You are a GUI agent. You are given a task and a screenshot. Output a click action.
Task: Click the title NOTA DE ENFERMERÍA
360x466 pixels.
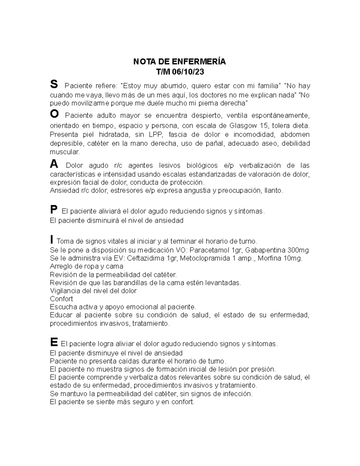tap(179, 62)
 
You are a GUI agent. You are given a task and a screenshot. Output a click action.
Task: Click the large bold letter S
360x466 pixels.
tap(54, 85)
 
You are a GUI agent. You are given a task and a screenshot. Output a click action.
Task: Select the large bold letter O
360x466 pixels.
tap(54, 114)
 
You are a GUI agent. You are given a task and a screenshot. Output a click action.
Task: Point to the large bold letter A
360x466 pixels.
tap(54, 164)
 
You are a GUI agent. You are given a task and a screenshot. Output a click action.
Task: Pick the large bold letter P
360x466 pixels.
tap(53, 210)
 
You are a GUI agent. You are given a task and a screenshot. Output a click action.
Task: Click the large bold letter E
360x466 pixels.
tap(54, 342)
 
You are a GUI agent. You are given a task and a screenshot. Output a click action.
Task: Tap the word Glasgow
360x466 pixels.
tap(242, 125)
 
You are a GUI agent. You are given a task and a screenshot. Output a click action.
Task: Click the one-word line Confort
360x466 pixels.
tap(61, 299)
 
